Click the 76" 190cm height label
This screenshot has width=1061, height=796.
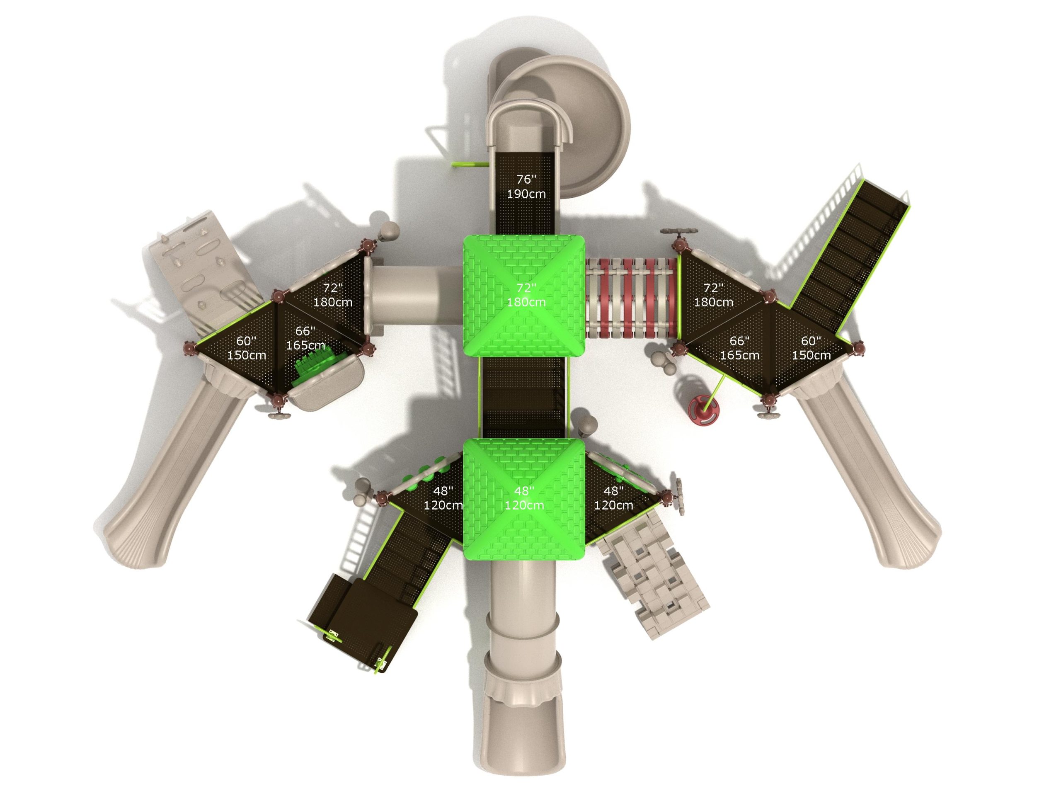click(x=526, y=187)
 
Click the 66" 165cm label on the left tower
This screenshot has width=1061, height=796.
click(x=305, y=338)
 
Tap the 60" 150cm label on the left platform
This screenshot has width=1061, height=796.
click(x=247, y=348)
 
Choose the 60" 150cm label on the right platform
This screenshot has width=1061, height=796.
click(x=811, y=348)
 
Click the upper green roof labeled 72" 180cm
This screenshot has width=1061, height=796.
click(x=524, y=296)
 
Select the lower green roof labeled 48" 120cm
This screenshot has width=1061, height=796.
click(x=524, y=499)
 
